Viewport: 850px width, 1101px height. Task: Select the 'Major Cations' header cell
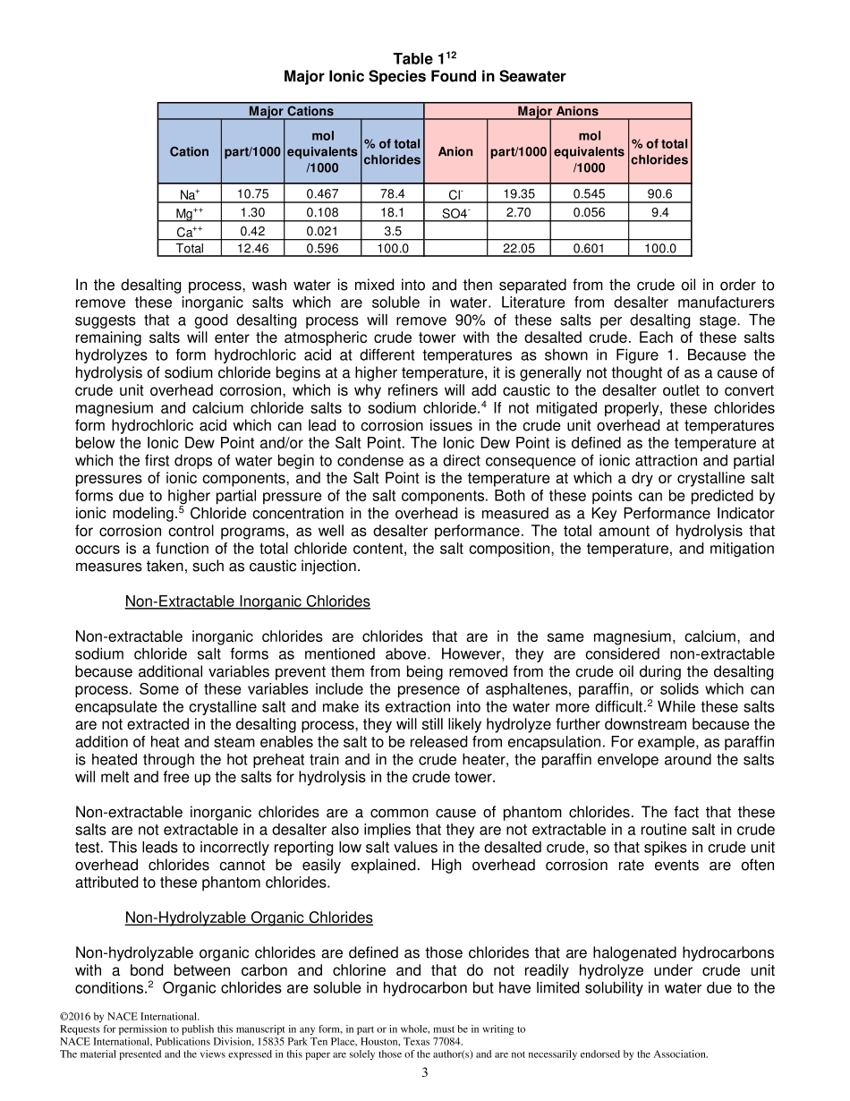click(x=291, y=111)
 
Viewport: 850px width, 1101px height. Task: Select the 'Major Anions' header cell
click(x=557, y=111)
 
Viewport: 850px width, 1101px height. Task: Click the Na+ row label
click(x=189, y=194)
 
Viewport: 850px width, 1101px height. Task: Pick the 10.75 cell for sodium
click(x=252, y=193)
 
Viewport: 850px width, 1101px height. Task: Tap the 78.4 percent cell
click(x=392, y=193)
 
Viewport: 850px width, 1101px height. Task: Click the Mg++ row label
click(x=189, y=213)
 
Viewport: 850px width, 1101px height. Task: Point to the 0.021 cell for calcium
click(x=322, y=231)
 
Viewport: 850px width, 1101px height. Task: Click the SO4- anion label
click(x=455, y=213)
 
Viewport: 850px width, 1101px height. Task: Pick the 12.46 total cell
click(x=252, y=249)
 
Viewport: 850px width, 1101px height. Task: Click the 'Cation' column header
click(x=189, y=151)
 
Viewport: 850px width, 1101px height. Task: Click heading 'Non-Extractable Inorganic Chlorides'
click(x=247, y=602)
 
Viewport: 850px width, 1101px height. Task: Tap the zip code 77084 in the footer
click(x=447, y=1041)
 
